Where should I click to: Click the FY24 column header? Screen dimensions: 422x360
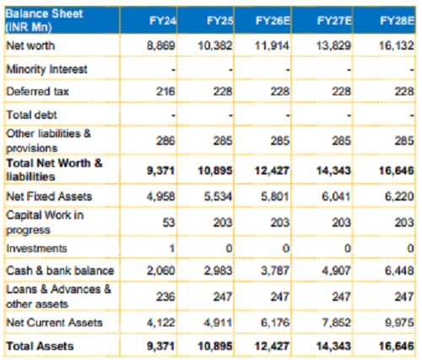pos(163,21)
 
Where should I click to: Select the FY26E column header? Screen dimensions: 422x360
pos(273,21)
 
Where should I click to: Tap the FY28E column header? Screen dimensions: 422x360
pos(397,21)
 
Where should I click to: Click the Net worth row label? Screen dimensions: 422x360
pos(30,46)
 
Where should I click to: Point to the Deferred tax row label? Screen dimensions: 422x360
pos(37,91)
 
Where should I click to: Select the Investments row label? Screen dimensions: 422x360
pos(36,249)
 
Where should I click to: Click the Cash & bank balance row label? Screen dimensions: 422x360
pos(60,271)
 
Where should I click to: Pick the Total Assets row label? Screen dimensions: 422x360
pos(40,346)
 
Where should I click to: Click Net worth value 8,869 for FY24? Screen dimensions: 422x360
pos(161,46)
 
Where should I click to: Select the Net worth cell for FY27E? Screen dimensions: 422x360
pos(333,46)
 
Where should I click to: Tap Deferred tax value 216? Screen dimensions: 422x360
pos(165,91)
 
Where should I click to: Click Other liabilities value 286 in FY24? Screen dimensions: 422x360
pos(165,141)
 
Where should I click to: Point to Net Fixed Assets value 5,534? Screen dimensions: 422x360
pos(218,196)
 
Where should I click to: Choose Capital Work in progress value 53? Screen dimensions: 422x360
pos(169,223)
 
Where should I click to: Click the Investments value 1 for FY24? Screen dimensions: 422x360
pos(171,249)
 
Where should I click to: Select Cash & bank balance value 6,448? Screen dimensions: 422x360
pos(399,271)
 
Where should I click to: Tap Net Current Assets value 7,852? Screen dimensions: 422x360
pos(337,323)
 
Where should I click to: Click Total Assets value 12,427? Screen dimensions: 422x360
pos(272,346)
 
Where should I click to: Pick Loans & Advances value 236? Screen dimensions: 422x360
pos(165,297)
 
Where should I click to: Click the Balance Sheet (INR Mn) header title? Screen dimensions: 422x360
pos(44,20)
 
